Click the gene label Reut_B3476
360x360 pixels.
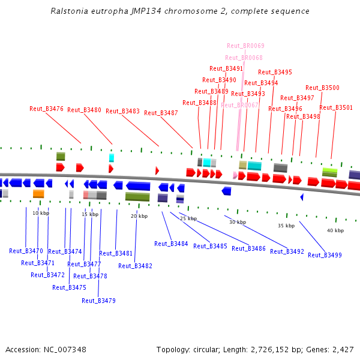click(x=46, y=109)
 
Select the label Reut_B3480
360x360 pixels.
click(x=84, y=110)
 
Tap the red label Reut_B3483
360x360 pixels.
click(x=122, y=111)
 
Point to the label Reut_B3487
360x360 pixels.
click(x=161, y=113)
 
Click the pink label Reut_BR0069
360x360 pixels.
click(x=245, y=46)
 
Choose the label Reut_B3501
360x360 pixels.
click(x=336, y=107)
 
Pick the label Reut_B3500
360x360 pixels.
click(x=322, y=88)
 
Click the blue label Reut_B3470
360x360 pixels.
click(x=26, y=251)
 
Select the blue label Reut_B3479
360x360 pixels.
click(x=98, y=301)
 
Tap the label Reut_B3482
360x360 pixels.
click(x=135, y=266)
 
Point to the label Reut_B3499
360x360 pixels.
click(x=325, y=255)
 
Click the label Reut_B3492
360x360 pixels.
click(x=287, y=251)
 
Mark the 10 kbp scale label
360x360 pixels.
click(x=40, y=213)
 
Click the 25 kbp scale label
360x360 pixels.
click(x=188, y=218)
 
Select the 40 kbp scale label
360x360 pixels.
click(x=335, y=230)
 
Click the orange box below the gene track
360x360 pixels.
click(x=38, y=194)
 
